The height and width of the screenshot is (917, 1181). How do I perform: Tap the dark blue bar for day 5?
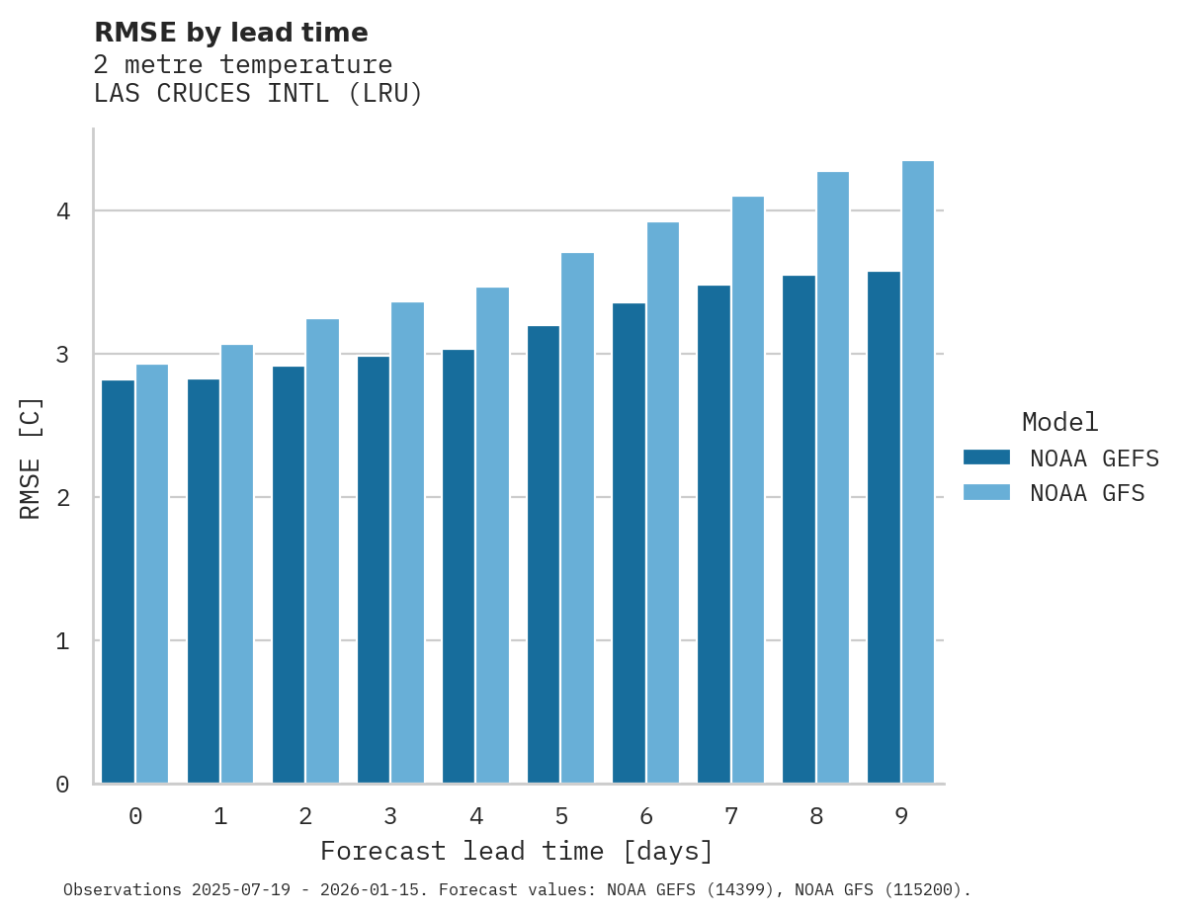pyautogui.click(x=544, y=554)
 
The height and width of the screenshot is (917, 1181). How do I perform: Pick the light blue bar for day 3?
pyautogui.click(x=407, y=542)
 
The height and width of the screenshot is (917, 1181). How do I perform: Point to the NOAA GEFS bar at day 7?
pyautogui.click(x=714, y=534)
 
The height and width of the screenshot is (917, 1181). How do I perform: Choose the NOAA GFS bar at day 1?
pyautogui.click(x=237, y=563)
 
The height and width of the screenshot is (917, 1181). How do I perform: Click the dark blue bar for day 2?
pyautogui.click(x=289, y=574)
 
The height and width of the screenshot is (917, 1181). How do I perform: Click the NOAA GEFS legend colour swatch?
pyautogui.click(x=986, y=458)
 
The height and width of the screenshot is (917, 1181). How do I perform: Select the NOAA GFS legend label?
pyautogui.click(x=1087, y=493)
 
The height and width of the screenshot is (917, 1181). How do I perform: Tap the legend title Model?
pyautogui.click(x=1059, y=423)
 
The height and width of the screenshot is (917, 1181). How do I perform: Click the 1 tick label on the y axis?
pyautogui.click(x=62, y=641)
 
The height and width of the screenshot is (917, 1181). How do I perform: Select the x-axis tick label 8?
pyautogui.click(x=816, y=816)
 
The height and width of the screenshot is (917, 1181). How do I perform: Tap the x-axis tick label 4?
pyautogui.click(x=475, y=816)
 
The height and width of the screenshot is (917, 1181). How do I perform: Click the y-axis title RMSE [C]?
pyautogui.click(x=31, y=458)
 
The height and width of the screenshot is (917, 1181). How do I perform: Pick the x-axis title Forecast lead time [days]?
pyautogui.click(x=516, y=852)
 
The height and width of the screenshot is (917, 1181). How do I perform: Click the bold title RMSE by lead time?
pyautogui.click(x=230, y=33)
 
